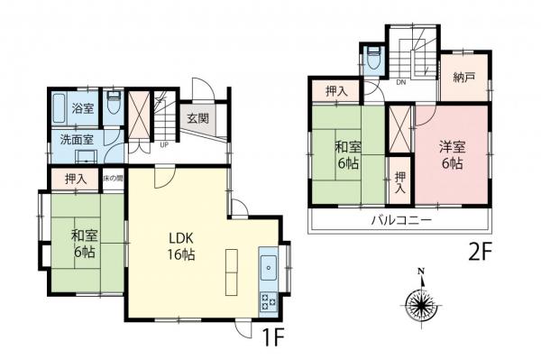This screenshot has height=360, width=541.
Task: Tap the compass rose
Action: (x=419, y=301)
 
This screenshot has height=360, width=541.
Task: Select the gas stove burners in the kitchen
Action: (x=270, y=302)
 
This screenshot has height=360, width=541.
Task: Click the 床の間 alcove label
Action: (x=112, y=179)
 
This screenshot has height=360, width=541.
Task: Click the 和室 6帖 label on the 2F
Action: (x=350, y=155)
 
